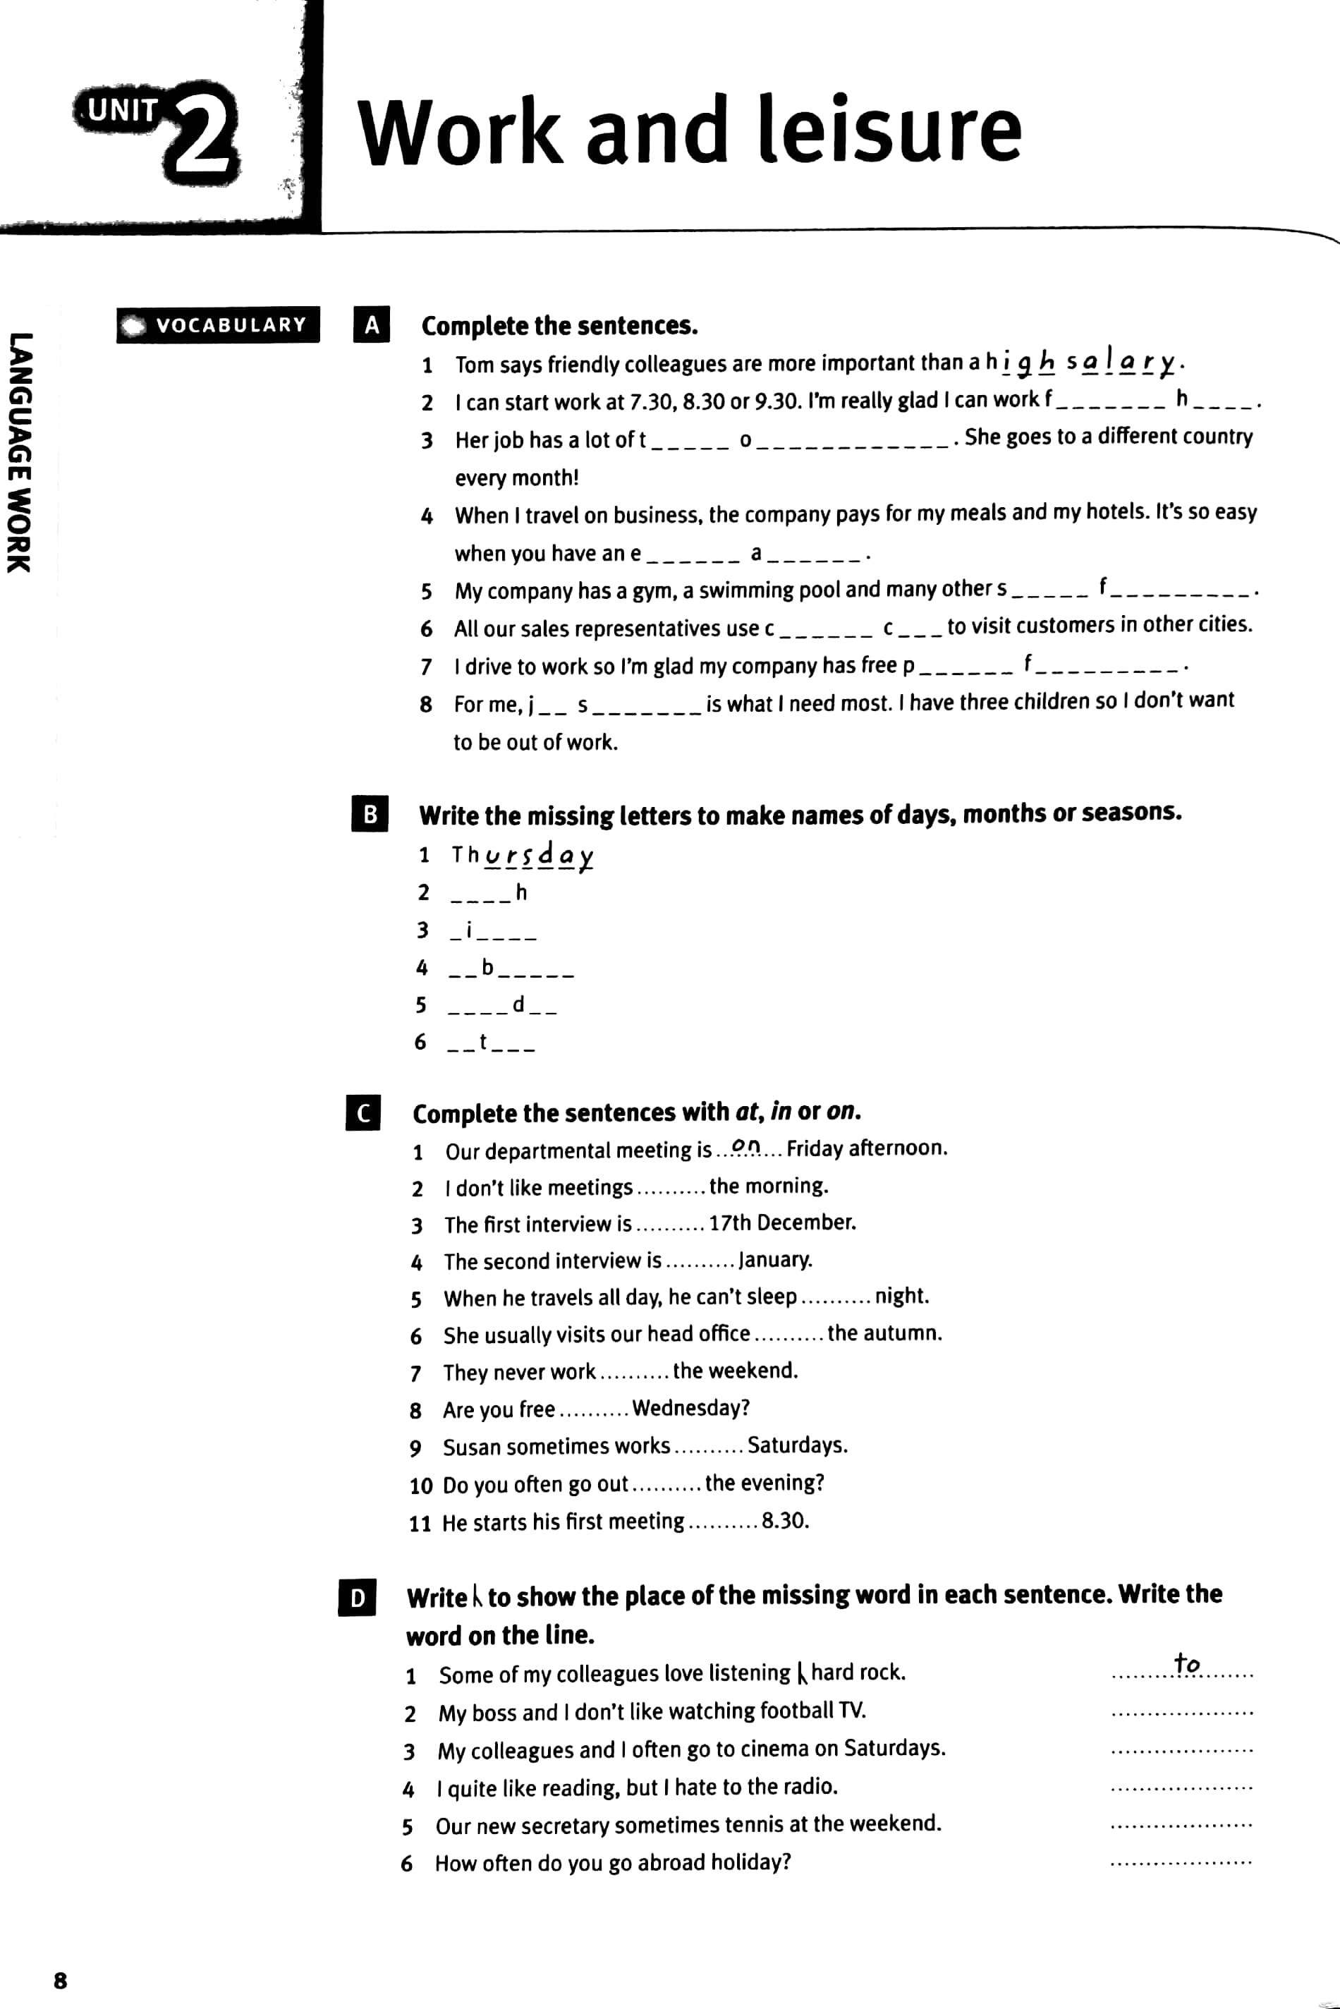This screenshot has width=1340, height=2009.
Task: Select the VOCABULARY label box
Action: (x=218, y=324)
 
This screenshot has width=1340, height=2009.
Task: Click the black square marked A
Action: (x=372, y=324)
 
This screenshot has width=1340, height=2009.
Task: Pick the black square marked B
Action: (x=369, y=813)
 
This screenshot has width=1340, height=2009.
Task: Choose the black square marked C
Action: (x=363, y=1112)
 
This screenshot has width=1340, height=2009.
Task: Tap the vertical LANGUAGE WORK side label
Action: (x=19, y=453)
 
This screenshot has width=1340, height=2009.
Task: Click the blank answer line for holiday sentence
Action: (x=1181, y=1861)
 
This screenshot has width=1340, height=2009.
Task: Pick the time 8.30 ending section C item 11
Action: (x=784, y=1521)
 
